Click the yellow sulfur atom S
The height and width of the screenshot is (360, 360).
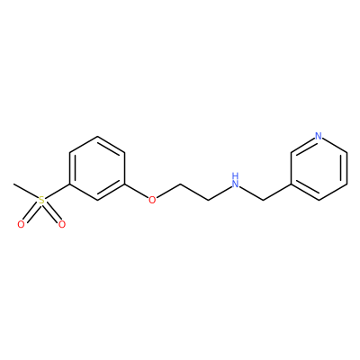(41, 200)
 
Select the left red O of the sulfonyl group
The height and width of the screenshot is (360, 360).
(21, 224)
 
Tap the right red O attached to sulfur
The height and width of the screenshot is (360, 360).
(62, 224)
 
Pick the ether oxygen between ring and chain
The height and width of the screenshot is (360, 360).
(152, 200)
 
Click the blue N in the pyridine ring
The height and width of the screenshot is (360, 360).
(319, 137)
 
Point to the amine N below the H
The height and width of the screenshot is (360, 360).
(236, 184)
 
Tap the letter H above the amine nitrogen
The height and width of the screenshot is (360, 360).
(236, 175)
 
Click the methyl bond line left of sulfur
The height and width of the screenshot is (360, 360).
(26, 191)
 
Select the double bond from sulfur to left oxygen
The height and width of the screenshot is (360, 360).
(31, 213)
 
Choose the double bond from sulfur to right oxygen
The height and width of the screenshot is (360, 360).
(52, 213)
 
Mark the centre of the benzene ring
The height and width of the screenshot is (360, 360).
(97, 168)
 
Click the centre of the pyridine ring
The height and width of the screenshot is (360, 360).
(319, 168)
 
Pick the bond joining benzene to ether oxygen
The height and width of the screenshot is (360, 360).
(137, 191)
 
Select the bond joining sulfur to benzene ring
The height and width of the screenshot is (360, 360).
(58, 191)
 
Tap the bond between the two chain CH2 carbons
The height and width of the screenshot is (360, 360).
(194, 192)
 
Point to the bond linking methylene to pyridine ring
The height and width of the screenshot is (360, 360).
(277, 192)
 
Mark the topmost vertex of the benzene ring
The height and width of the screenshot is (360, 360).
(97, 136)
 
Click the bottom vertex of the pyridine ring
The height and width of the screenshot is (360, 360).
(319, 200)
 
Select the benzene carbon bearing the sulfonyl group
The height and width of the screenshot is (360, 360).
(69, 184)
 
